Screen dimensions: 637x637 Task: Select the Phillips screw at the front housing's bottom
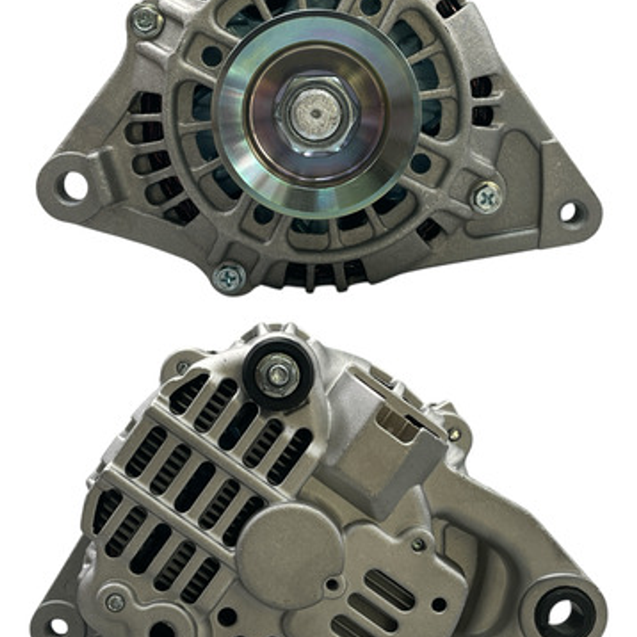[x=228, y=277]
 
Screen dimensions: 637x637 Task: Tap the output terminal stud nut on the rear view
[x=277, y=374]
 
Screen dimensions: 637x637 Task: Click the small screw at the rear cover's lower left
[x=115, y=602]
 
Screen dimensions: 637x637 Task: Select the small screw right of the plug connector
[x=454, y=435]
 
